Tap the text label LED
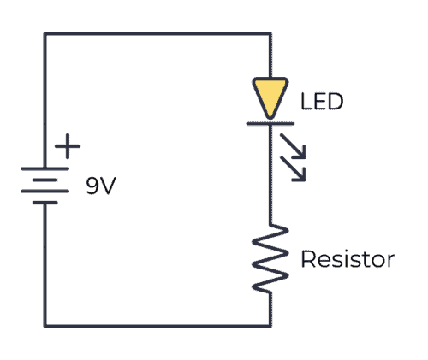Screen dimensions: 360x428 [322, 103]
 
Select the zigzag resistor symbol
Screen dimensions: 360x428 [271, 257]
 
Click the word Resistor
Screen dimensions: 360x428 [347, 259]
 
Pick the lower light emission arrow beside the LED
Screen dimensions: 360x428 [296, 172]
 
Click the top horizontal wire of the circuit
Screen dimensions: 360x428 [158, 34]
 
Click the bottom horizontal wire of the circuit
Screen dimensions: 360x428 [158, 325]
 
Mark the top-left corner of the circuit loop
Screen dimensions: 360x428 [45, 34]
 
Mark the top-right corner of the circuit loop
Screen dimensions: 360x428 [271, 34]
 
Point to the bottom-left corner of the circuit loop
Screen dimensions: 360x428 [45, 325]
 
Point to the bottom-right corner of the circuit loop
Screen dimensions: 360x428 [271, 325]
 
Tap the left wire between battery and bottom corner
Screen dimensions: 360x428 [45, 265]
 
